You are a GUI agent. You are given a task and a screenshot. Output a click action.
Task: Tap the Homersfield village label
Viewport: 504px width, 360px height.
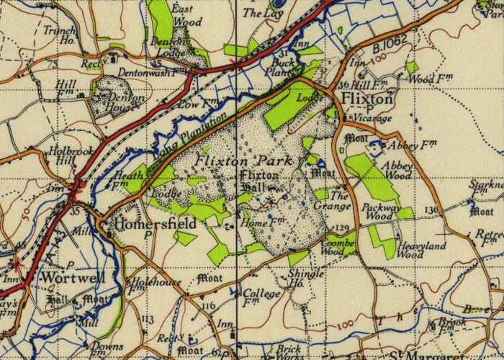coord(150,225)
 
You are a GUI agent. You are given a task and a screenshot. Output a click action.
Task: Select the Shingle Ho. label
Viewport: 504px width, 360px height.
coord(305,278)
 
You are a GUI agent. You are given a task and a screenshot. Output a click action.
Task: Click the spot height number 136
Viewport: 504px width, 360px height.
coord(431,210)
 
